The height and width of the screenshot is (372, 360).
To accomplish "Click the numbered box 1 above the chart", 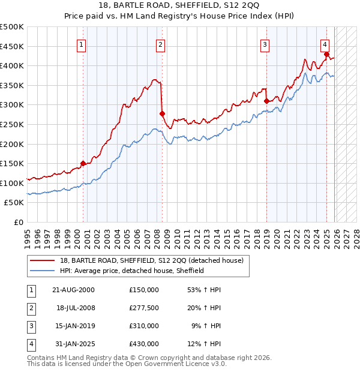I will (81, 43).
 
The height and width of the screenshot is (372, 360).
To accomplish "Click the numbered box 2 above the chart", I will (161, 43).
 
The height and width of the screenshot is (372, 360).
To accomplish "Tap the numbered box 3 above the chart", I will (265, 43).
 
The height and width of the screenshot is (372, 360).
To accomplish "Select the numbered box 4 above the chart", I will (325, 43).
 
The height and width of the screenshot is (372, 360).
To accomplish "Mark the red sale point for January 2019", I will (266, 101).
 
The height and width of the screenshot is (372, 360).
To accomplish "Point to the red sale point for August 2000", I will (83, 163).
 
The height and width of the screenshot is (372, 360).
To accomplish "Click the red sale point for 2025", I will (326, 54).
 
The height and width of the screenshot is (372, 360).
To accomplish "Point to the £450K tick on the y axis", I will (12, 46).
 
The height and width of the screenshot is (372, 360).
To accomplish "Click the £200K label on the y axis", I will (12, 144).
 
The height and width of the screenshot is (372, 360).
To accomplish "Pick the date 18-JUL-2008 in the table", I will (76, 308).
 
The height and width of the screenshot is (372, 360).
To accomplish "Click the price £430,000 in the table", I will (144, 344).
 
